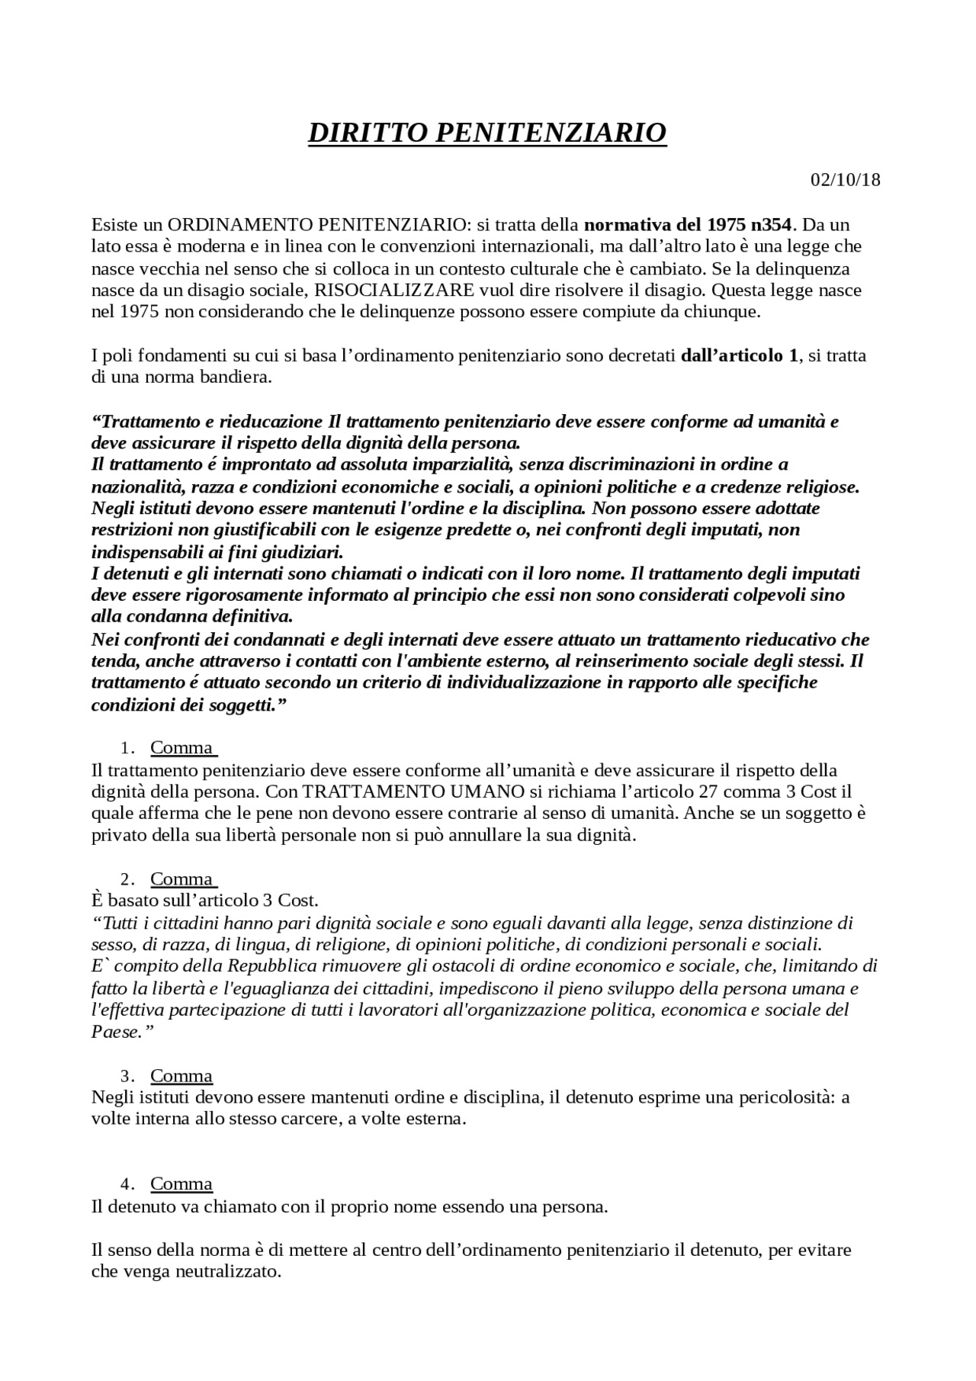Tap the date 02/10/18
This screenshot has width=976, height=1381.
click(845, 180)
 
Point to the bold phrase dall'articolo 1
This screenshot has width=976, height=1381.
click(738, 356)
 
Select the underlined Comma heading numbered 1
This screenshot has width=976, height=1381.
click(182, 747)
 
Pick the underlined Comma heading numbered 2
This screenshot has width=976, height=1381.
click(182, 878)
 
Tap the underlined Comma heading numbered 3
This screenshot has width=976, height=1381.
click(181, 1076)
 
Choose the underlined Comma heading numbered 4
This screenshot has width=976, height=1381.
click(181, 1183)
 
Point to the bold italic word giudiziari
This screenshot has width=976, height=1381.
click(300, 551)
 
